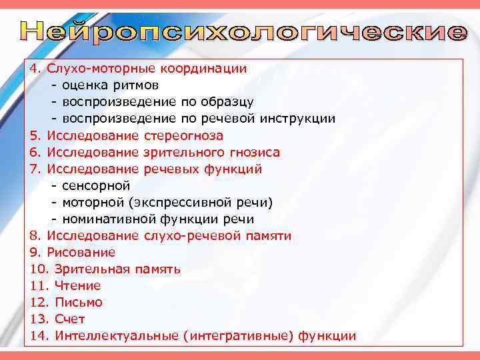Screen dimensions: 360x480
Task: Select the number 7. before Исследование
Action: (x=36, y=169)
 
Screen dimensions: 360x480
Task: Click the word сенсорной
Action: (x=96, y=185)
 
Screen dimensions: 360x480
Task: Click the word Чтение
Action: (x=77, y=285)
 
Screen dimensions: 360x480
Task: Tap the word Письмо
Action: (x=79, y=302)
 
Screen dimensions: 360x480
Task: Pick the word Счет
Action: (x=70, y=319)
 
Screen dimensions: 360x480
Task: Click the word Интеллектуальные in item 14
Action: (x=117, y=335)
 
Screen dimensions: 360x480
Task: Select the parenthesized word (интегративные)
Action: (x=239, y=335)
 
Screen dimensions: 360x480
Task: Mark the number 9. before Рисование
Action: (x=36, y=252)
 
